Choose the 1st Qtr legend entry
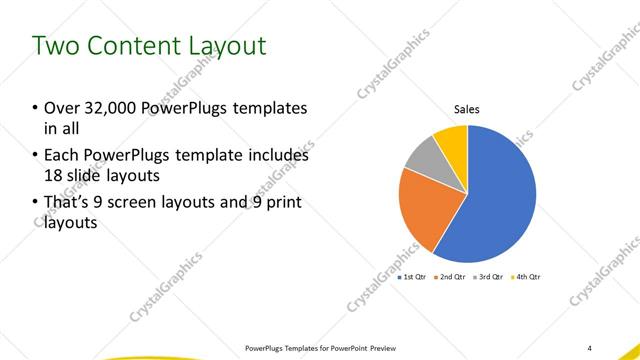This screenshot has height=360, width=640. click(x=412, y=276)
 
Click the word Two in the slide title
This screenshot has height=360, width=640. click(x=54, y=46)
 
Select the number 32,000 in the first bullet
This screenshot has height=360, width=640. click(x=109, y=108)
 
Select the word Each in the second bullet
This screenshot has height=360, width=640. click(x=61, y=156)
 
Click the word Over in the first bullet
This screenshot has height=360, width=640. click(x=61, y=108)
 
